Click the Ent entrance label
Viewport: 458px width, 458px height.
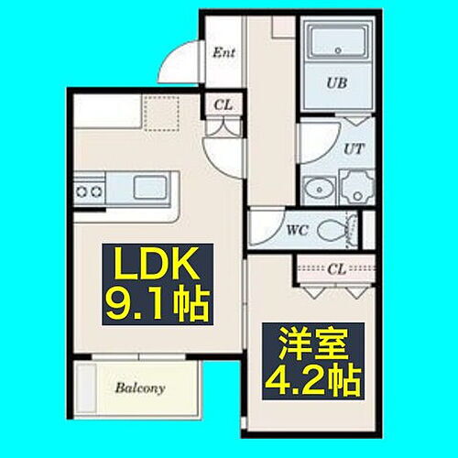[224, 52]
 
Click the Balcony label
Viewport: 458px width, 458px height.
[140, 388]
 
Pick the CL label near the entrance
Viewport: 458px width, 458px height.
[223, 105]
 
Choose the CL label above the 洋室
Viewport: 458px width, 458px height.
[336, 269]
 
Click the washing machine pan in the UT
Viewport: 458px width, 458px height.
[356, 188]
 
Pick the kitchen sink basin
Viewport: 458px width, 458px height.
[149, 188]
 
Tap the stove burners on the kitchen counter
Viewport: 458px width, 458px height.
[89, 191]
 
